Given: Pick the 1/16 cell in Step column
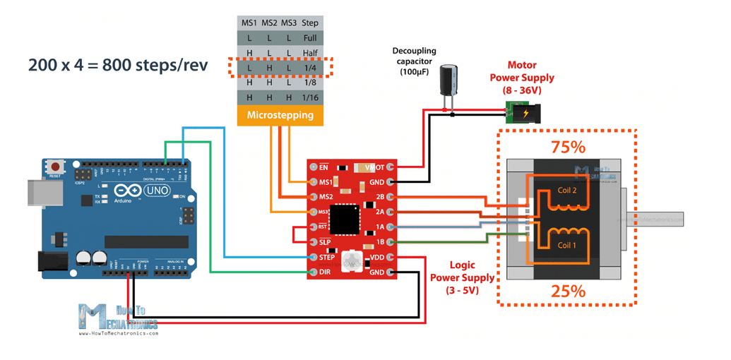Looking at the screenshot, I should pos(311,97).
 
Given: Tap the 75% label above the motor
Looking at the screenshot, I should pos(569,148).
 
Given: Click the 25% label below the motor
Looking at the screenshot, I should pos(569,291).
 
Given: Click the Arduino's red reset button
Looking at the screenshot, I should pos(54,167).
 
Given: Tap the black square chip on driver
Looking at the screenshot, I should pos(350,220).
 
